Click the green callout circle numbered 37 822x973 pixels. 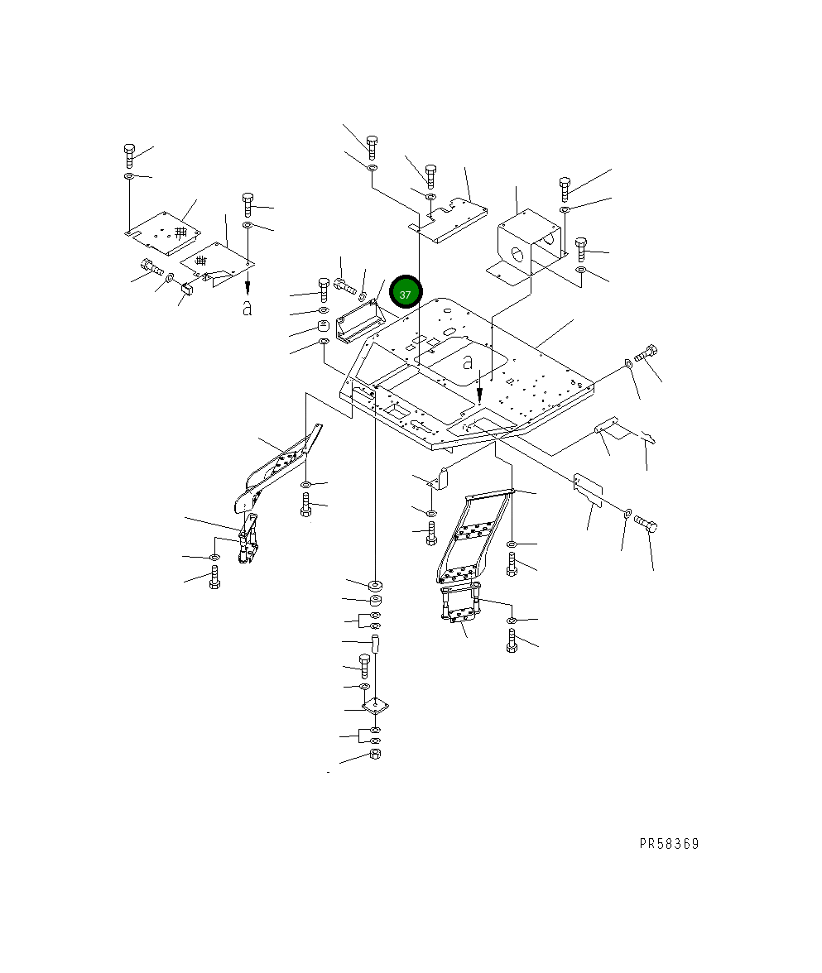[406, 292]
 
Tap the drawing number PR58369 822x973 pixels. [669, 844]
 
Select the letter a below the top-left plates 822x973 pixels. [247, 308]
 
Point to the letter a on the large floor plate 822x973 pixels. [468, 361]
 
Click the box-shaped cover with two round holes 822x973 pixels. [530, 245]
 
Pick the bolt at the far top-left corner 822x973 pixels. [129, 156]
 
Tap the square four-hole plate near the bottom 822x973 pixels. [376, 706]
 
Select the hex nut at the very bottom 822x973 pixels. [375, 754]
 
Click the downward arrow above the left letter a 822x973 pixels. [248, 286]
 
